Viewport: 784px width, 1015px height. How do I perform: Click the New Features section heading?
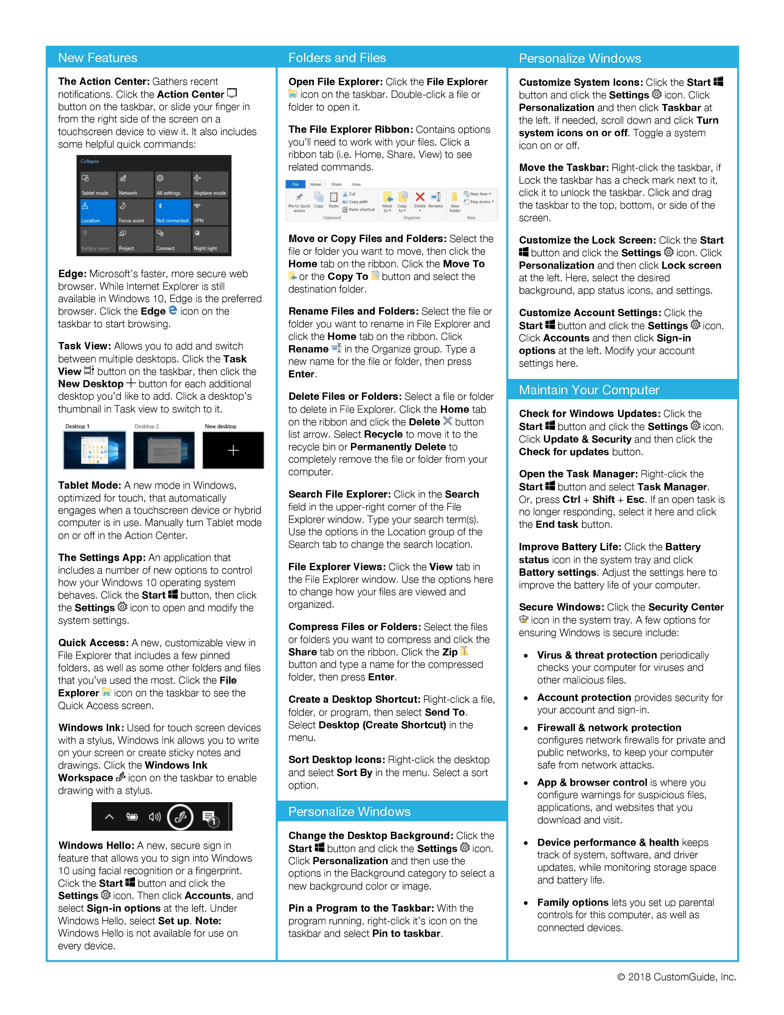[97, 58]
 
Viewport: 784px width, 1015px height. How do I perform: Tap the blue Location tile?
[97, 212]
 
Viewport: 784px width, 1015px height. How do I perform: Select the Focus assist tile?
[135, 212]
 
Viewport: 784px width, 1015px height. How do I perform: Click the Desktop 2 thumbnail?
[164, 450]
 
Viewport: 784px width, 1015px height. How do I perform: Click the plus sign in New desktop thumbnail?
[233, 450]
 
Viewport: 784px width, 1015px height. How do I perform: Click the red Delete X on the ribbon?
[420, 197]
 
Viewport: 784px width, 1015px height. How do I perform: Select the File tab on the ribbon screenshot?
[295, 184]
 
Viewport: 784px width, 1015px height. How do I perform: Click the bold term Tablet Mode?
[90, 485]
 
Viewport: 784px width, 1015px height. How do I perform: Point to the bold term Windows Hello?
[96, 845]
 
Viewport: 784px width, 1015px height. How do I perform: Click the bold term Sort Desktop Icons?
[337, 760]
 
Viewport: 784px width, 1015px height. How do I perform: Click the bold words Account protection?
[584, 698]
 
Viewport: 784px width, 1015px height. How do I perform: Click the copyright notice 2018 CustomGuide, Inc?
[677, 977]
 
